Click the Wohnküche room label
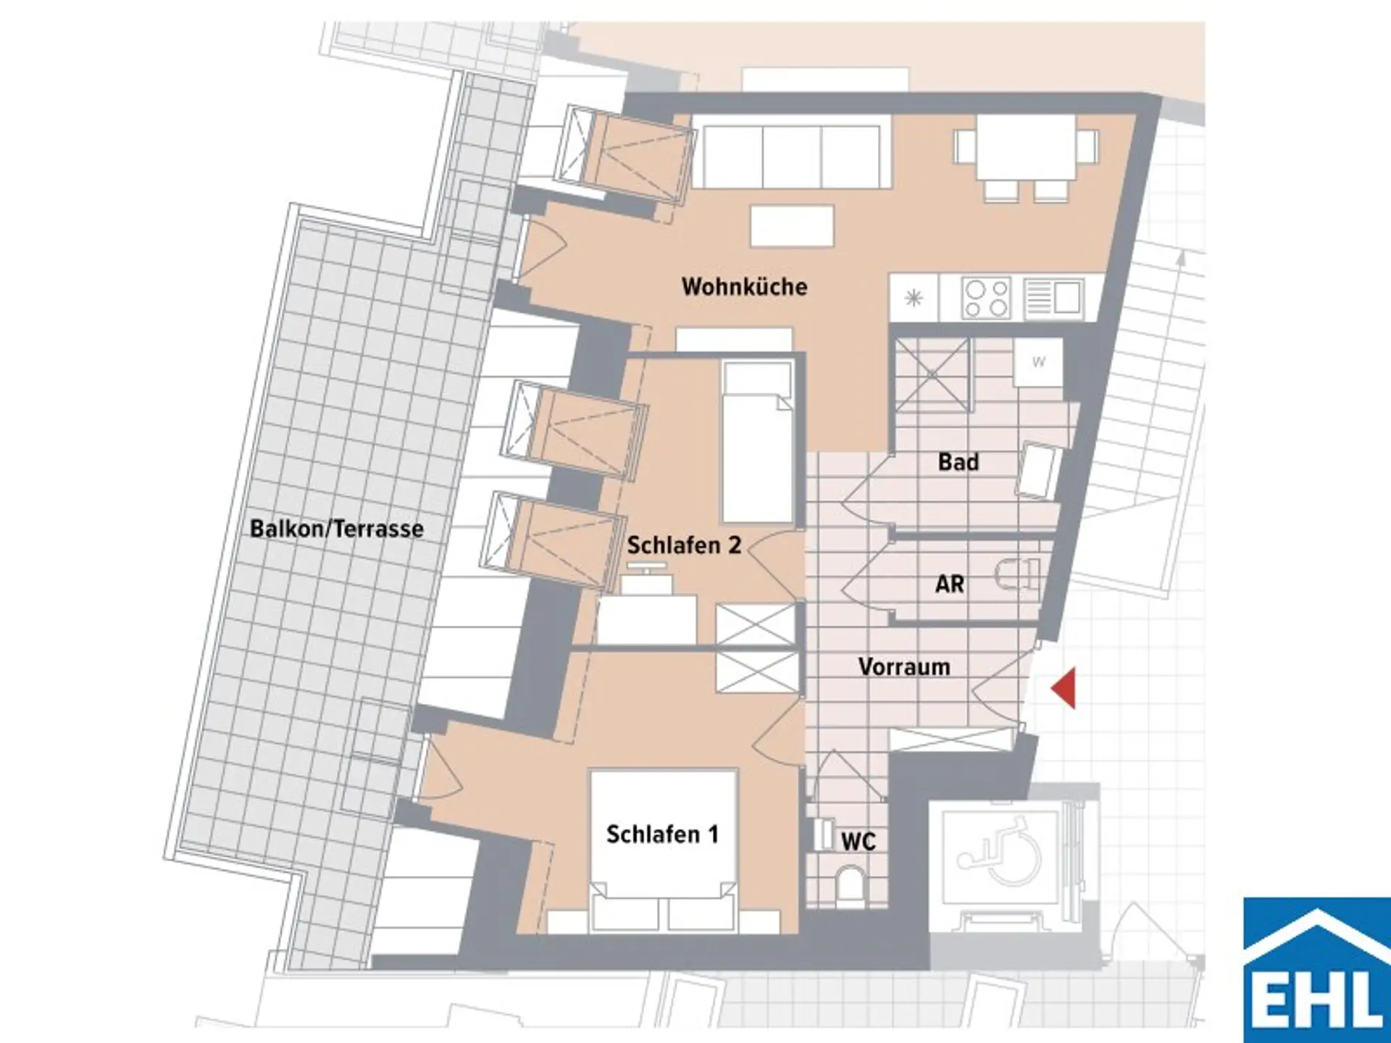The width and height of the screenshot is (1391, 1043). (744, 287)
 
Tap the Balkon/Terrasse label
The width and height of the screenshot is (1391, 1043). (337, 529)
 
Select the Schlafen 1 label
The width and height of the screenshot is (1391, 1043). (662, 834)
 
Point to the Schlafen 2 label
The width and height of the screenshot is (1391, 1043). (684, 545)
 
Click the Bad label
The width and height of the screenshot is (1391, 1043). (958, 462)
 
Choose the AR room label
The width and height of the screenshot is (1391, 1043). (950, 584)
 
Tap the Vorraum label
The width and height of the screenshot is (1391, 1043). (904, 667)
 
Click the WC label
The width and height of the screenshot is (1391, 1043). (859, 842)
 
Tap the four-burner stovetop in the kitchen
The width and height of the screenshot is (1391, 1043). (985, 298)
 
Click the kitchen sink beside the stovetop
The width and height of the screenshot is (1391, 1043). (1055, 298)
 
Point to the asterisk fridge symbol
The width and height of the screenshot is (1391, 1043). (914, 298)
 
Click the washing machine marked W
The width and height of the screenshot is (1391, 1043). (1038, 362)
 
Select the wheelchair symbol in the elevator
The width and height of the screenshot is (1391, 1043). (1001, 852)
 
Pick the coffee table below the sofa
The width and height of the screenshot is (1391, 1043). (792, 226)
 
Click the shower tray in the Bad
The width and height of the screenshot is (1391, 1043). (932, 375)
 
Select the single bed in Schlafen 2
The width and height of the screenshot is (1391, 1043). (757, 443)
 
